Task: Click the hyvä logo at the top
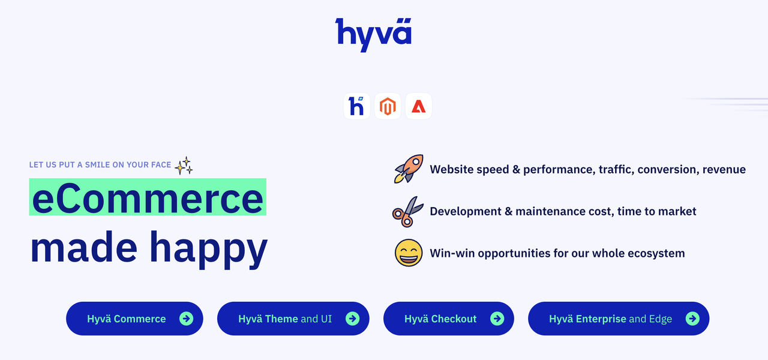point(373,34)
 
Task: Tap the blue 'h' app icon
point(356,106)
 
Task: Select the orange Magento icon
point(388,106)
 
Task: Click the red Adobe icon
point(418,106)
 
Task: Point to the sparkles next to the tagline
point(184,166)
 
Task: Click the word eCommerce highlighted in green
point(148,197)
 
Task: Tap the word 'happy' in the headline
point(208,249)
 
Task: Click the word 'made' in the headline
point(84,246)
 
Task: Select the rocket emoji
point(409,169)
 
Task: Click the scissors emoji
point(407,212)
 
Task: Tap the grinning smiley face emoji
point(409,253)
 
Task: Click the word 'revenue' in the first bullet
point(724,169)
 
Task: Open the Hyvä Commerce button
point(134,319)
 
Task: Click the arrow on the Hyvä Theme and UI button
point(352,319)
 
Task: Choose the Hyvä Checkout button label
point(440,319)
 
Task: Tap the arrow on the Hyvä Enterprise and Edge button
point(692,319)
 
